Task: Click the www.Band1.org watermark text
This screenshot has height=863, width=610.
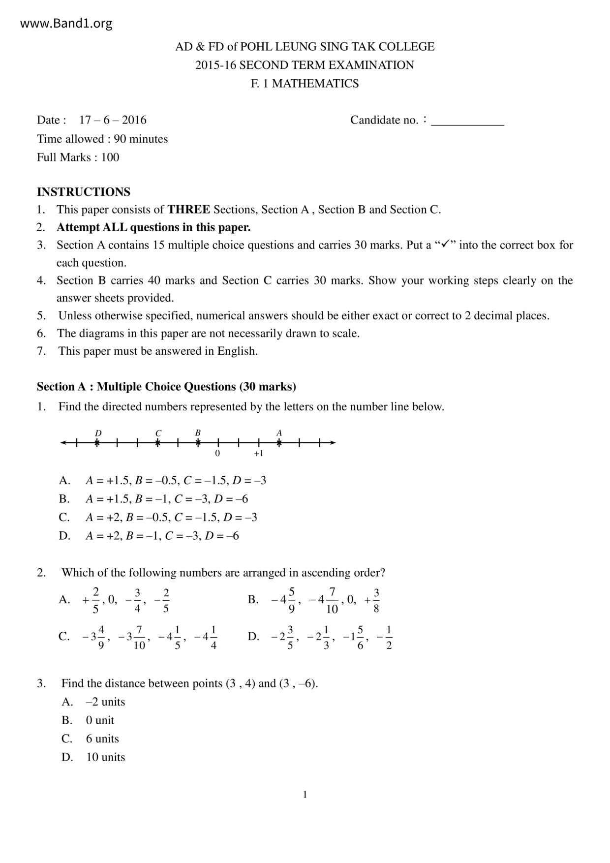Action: tap(66, 23)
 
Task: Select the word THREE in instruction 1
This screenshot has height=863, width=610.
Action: tap(188, 210)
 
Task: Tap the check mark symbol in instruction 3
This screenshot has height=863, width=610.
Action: tap(446, 244)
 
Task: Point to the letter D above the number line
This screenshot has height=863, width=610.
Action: tap(98, 433)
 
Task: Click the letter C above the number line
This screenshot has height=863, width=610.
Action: tap(158, 433)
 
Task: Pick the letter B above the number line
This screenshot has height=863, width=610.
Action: tap(198, 433)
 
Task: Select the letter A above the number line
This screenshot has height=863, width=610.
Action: tap(279, 433)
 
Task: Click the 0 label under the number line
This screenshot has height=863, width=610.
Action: tap(217, 453)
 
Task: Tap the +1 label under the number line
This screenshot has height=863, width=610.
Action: tap(258, 453)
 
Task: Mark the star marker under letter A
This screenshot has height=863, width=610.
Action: tap(279, 443)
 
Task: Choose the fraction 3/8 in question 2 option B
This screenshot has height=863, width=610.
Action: tap(376, 600)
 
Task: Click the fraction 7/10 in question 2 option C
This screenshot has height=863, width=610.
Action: tap(139, 637)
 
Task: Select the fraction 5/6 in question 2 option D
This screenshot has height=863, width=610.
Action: tap(361, 637)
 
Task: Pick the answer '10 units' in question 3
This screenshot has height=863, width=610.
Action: tap(105, 757)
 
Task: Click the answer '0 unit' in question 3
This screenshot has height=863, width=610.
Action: tap(100, 720)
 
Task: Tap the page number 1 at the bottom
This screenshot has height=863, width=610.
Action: tap(305, 795)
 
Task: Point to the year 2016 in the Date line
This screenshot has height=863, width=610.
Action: tap(134, 120)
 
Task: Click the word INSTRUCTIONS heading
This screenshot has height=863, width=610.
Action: tap(84, 192)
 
